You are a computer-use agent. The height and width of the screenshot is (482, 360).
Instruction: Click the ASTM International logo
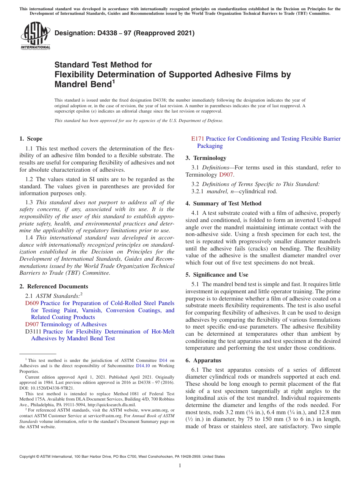[35, 36]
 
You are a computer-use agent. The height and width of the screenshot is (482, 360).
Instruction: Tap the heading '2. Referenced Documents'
[53, 286]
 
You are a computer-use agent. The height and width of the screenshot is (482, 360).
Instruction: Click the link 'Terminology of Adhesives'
[74, 324]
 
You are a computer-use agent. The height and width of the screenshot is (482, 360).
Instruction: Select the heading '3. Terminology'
[206, 158]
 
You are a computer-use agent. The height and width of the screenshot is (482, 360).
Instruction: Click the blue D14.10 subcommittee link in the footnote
[143, 366]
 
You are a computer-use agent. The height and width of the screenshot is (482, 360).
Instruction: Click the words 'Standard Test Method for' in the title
[103, 65]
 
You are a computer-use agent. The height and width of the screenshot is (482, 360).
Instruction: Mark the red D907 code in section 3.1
[226, 175]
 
